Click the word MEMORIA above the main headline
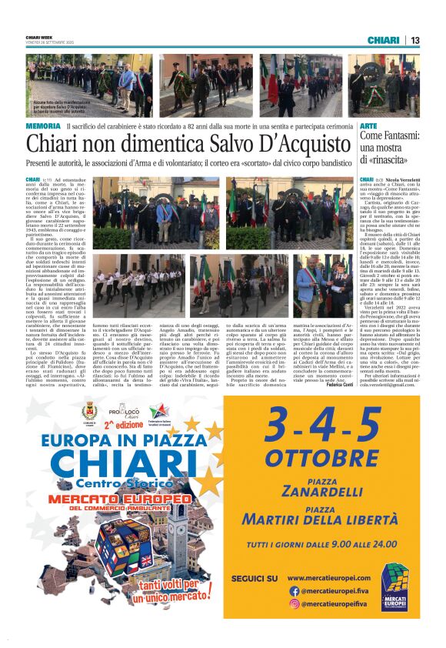[43, 125]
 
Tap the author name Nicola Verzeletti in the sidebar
[402, 179]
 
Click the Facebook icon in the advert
[294, 591]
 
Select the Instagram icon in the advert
[294, 604]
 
